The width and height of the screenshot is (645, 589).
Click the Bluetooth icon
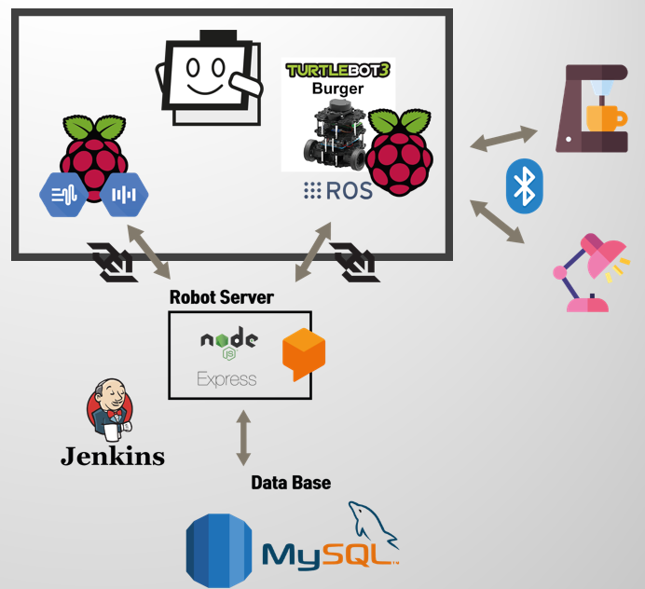point(525,185)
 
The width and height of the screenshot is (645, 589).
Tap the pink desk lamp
point(591,272)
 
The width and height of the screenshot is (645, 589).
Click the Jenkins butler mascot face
point(109,407)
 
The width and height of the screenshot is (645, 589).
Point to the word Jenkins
point(112,456)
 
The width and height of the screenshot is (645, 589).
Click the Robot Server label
point(222,297)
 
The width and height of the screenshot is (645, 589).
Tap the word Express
point(226,379)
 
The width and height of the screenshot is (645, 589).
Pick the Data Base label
point(291,483)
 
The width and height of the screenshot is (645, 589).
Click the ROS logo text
point(337,191)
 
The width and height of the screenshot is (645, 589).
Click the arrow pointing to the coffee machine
point(504,139)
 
